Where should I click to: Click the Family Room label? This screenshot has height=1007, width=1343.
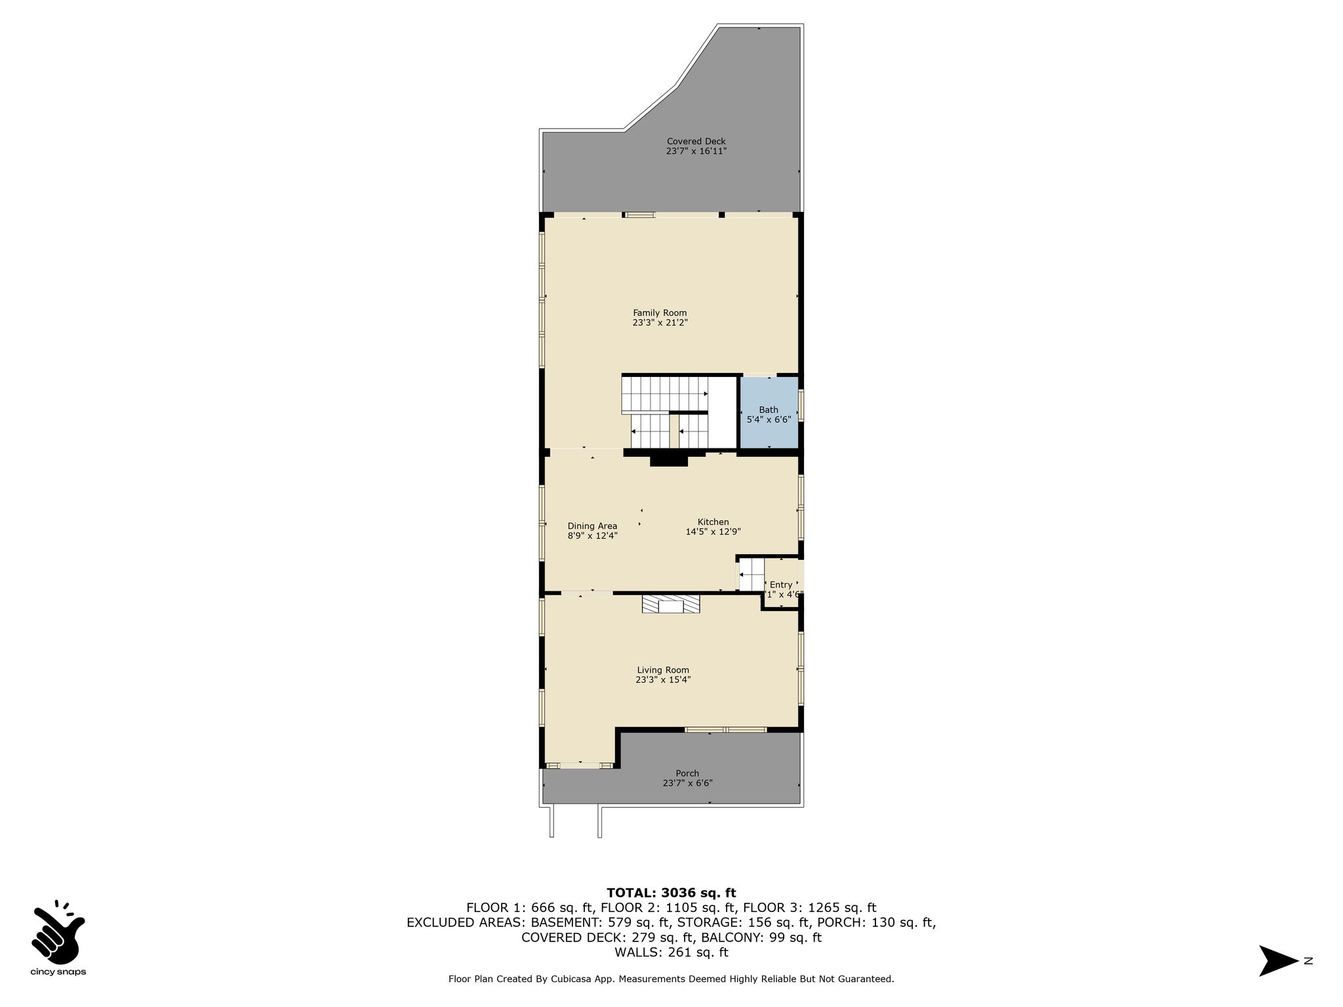pos(660,313)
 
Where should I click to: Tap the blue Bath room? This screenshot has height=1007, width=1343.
pos(769,412)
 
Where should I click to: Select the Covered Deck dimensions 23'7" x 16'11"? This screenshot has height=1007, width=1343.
pos(696,151)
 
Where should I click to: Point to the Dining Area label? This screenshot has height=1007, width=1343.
pos(592,526)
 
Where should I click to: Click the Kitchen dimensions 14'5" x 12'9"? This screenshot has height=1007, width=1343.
pos(713,532)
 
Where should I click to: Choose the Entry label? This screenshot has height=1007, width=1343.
pos(780,585)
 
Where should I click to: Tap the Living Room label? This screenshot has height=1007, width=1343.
pos(663,670)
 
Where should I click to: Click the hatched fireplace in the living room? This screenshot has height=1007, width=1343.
pos(671,604)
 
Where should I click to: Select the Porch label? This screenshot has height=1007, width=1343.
pos(687,774)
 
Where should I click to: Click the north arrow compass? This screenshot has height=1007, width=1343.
pos(1279,961)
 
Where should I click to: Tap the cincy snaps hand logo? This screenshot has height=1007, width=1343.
pos(58,930)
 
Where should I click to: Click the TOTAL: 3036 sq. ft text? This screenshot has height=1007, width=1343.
pos(671,893)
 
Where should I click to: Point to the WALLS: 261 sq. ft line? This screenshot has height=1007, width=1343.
pos(671,953)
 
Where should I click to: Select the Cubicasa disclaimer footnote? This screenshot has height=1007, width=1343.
pos(671,979)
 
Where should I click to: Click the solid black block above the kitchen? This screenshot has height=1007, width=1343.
pos(669,461)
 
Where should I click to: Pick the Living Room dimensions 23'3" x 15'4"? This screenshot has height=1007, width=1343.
pos(663,680)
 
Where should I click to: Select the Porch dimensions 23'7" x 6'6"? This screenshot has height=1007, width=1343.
pos(687,783)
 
